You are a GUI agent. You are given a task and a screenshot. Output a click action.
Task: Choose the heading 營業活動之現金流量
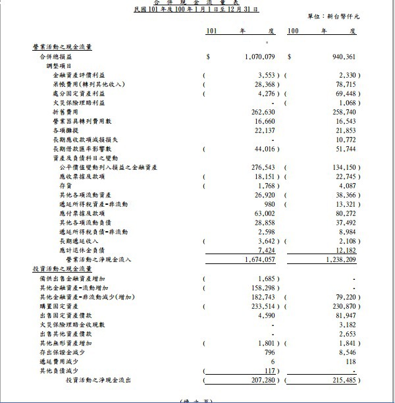tap(62, 47)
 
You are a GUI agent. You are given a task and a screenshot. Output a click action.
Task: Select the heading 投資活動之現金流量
tap(62, 270)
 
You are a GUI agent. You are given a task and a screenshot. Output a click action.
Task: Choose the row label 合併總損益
tap(57, 57)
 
